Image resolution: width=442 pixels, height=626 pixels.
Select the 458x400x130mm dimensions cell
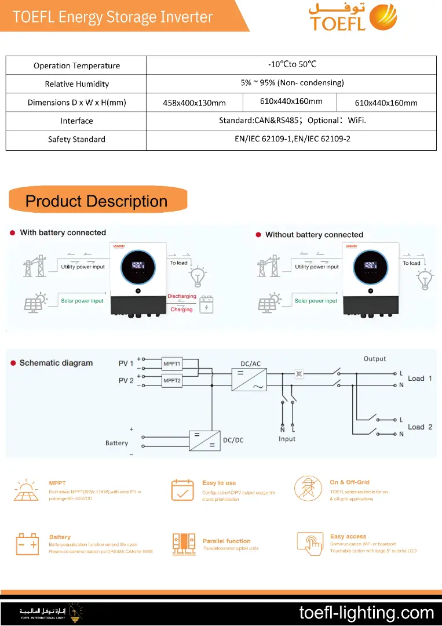click(194, 103)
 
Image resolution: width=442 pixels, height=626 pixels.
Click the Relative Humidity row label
click(76, 84)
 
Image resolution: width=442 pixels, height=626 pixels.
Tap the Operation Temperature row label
click(76, 65)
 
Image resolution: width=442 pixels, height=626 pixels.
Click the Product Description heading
click(97, 201)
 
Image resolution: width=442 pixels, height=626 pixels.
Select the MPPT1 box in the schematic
click(171, 364)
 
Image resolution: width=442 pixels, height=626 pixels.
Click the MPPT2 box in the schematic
click(171, 381)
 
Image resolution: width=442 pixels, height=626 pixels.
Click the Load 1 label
click(420, 378)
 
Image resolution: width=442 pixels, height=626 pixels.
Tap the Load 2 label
click(420, 427)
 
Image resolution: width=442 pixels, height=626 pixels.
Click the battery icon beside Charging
click(206, 305)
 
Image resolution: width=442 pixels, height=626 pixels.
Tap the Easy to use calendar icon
click(182, 490)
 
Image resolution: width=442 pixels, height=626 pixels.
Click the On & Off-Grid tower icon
click(308, 489)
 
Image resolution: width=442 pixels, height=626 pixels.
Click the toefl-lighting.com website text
click(366, 613)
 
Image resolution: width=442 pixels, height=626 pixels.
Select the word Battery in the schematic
click(116, 443)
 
